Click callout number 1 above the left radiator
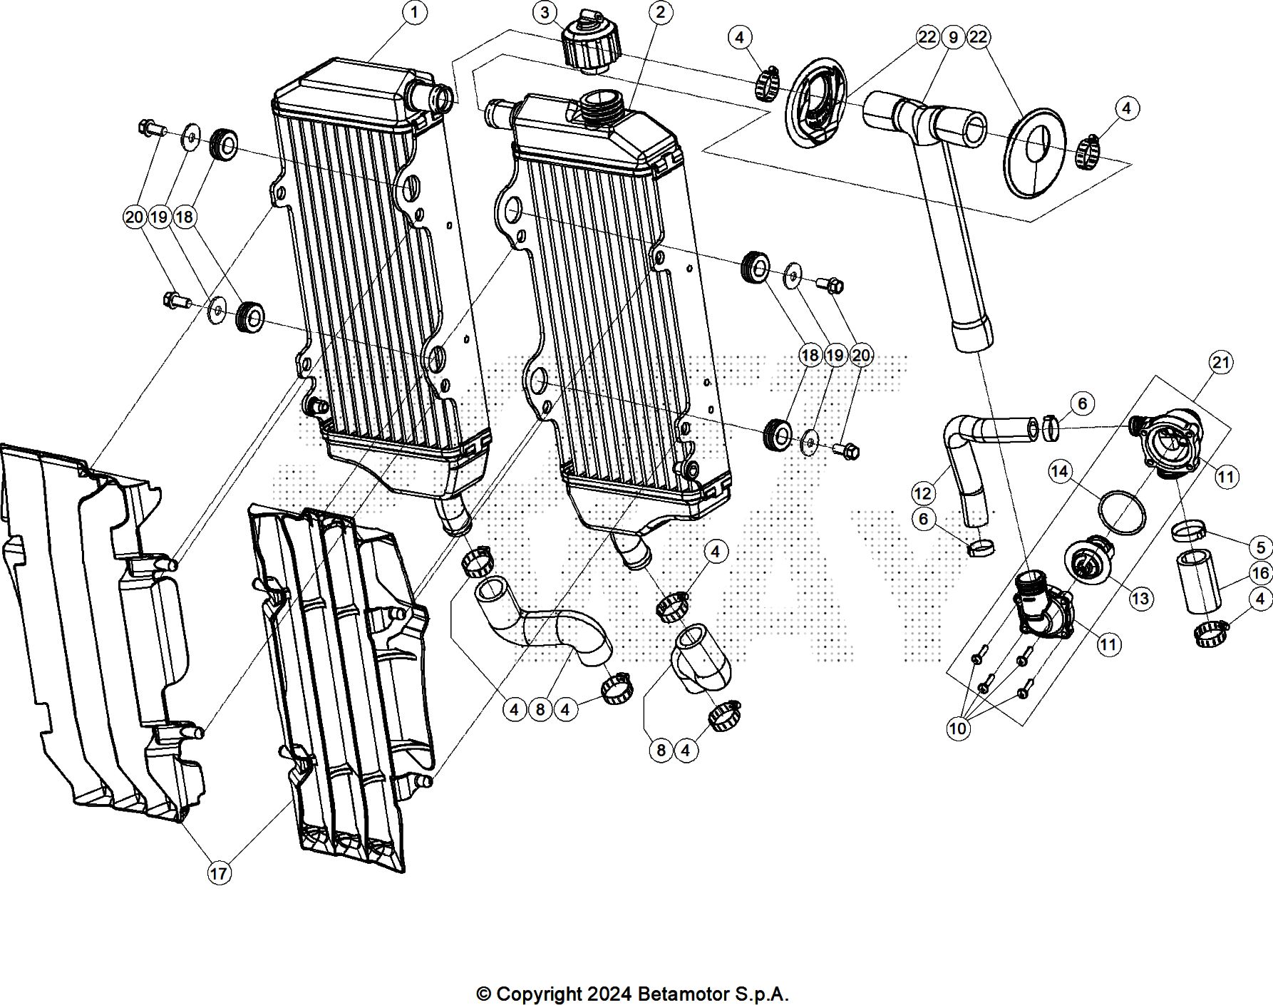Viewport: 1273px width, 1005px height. point(415,11)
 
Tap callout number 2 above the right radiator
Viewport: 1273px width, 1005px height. point(661,11)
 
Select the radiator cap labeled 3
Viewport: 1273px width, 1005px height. point(591,44)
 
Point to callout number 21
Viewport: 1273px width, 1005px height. point(1221,363)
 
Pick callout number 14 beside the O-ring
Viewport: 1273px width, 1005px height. point(1060,471)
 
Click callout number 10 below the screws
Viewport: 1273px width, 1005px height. point(958,728)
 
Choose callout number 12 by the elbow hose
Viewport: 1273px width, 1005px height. point(922,493)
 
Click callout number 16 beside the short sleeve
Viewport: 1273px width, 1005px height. point(1260,573)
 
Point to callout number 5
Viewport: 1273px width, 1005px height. point(1260,547)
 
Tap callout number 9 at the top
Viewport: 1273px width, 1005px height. point(953,37)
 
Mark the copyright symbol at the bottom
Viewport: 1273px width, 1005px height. point(484,994)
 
